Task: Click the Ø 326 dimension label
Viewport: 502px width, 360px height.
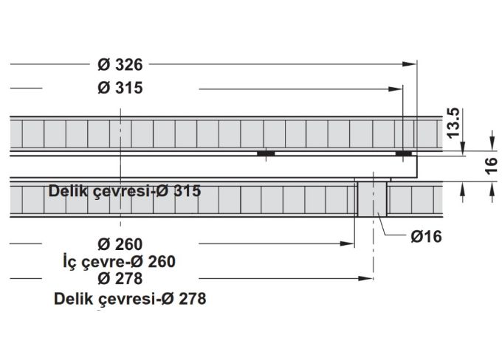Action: [120, 64]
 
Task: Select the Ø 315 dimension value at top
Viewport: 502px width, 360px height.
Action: [120, 89]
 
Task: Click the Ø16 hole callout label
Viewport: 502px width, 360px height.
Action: [426, 237]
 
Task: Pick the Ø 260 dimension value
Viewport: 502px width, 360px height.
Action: [120, 244]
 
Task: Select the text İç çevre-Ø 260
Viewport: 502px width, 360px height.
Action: [120, 261]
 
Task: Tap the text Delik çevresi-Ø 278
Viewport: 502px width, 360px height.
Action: [129, 299]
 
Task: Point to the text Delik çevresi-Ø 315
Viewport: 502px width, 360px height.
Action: [124, 191]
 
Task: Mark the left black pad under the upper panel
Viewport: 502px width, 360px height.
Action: [266, 153]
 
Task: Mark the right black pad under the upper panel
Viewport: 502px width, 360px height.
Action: [403, 153]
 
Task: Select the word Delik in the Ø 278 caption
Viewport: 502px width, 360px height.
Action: [72, 299]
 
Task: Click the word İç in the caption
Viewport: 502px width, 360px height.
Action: [72, 261]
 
